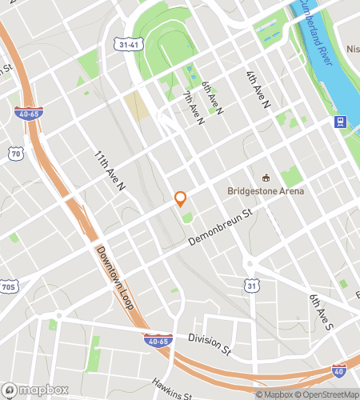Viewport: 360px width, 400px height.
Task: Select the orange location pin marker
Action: [x=180, y=198]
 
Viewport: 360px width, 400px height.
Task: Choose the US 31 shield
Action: [x=252, y=285]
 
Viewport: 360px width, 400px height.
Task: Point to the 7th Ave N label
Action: [x=193, y=109]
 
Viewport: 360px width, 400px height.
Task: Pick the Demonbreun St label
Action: [x=220, y=228]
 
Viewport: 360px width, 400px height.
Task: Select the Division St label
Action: [x=210, y=343]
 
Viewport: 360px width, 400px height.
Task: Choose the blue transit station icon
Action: [x=340, y=122]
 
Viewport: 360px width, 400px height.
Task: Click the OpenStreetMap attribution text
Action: [x=329, y=394]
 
